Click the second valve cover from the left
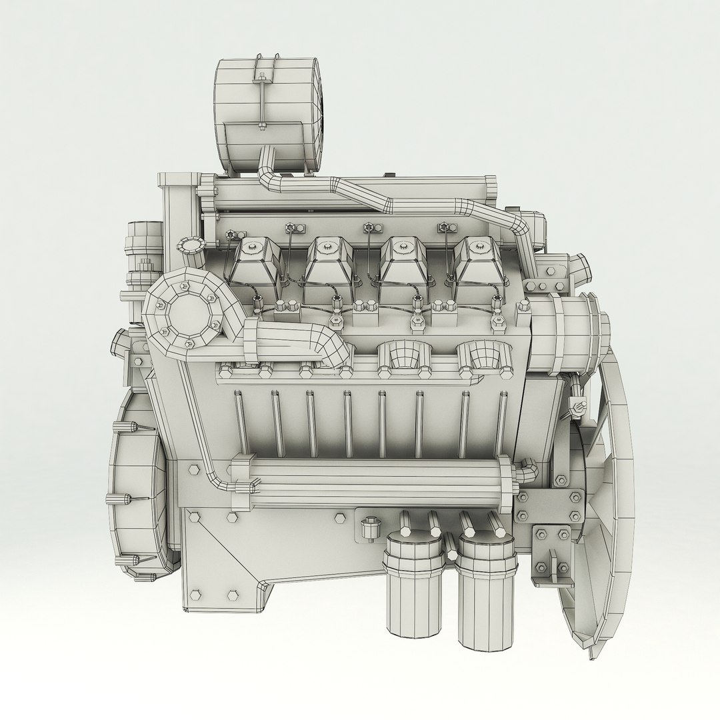[x=329, y=260]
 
